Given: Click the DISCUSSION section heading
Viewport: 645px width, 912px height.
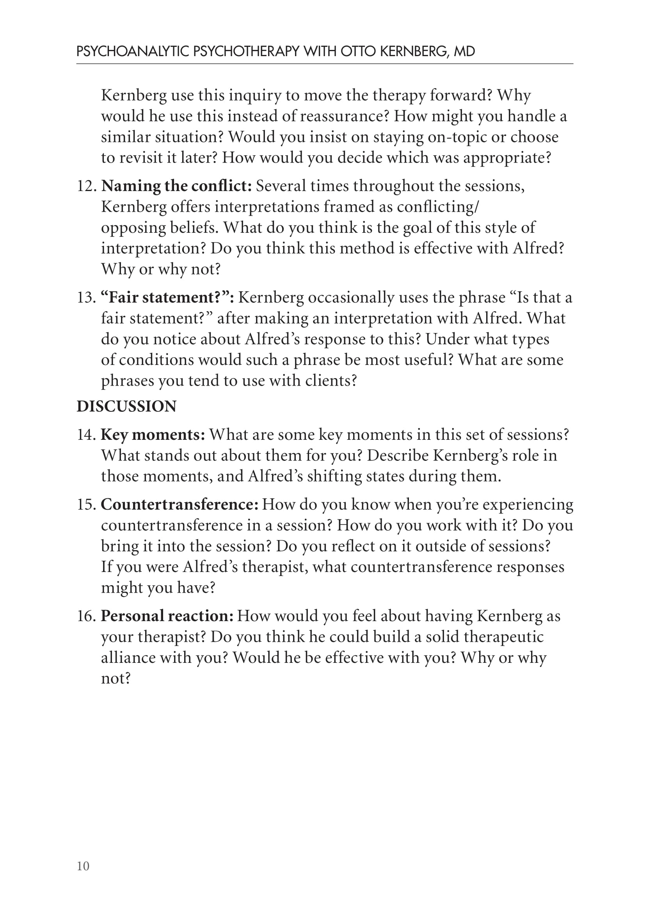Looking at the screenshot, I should pyautogui.click(x=126, y=406).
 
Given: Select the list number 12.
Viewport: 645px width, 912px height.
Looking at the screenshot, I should pyautogui.click(x=86, y=186).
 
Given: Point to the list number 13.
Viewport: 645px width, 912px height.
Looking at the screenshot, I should pyautogui.click(x=86, y=298).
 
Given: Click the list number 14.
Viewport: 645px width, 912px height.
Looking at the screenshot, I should pyautogui.click(x=86, y=434).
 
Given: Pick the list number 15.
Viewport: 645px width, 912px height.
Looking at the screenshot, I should pyautogui.click(x=86, y=505).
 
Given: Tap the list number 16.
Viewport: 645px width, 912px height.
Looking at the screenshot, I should pyautogui.click(x=86, y=616).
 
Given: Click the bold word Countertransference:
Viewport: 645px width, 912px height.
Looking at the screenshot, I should pyautogui.click(x=179, y=505).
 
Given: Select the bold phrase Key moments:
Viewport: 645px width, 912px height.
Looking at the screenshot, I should pyautogui.click(x=153, y=434).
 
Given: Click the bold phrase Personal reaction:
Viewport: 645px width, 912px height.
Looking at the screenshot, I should pyautogui.click(x=167, y=616).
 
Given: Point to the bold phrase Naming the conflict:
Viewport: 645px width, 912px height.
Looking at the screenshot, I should pyautogui.click(x=176, y=186).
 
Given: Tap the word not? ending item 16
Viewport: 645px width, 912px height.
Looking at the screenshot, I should pyautogui.click(x=115, y=678).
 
